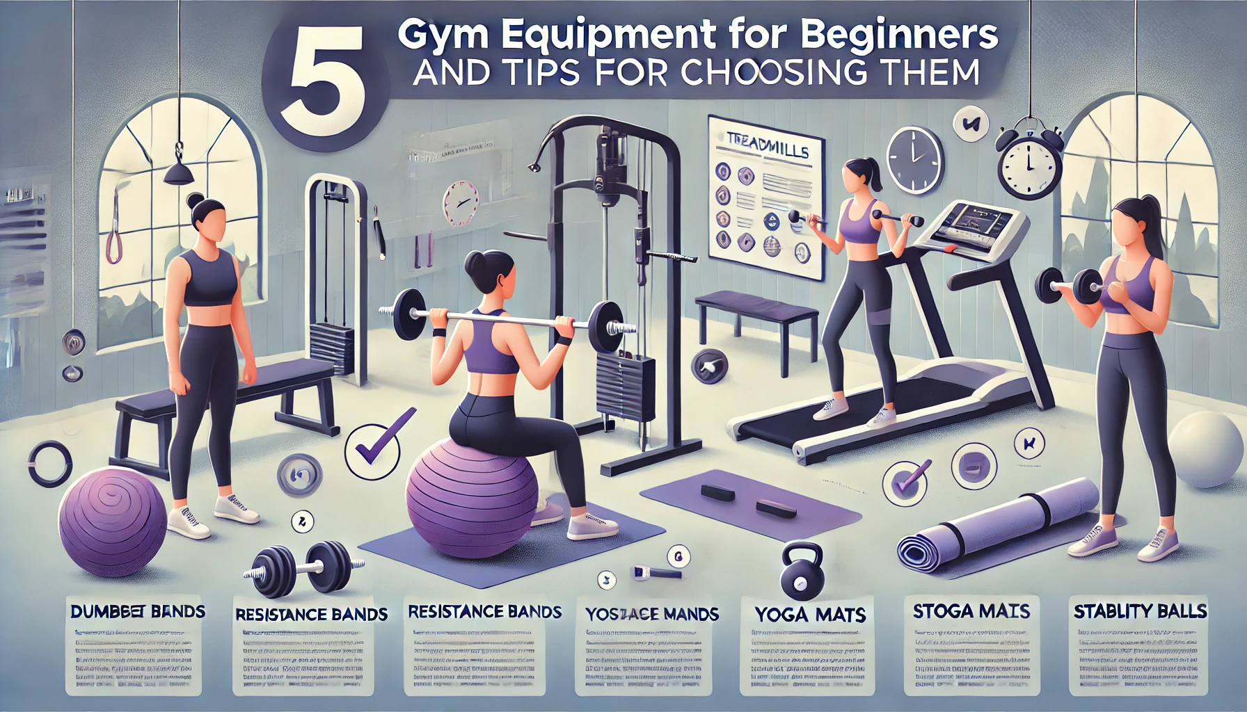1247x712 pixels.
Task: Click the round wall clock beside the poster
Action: tap(914, 159)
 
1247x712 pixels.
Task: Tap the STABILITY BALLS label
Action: tap(1140, 612)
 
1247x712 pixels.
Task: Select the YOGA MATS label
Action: tap(810, 615)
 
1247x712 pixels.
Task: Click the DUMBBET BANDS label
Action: tap(137, 612)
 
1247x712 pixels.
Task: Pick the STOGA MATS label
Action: tap(971, 611)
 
